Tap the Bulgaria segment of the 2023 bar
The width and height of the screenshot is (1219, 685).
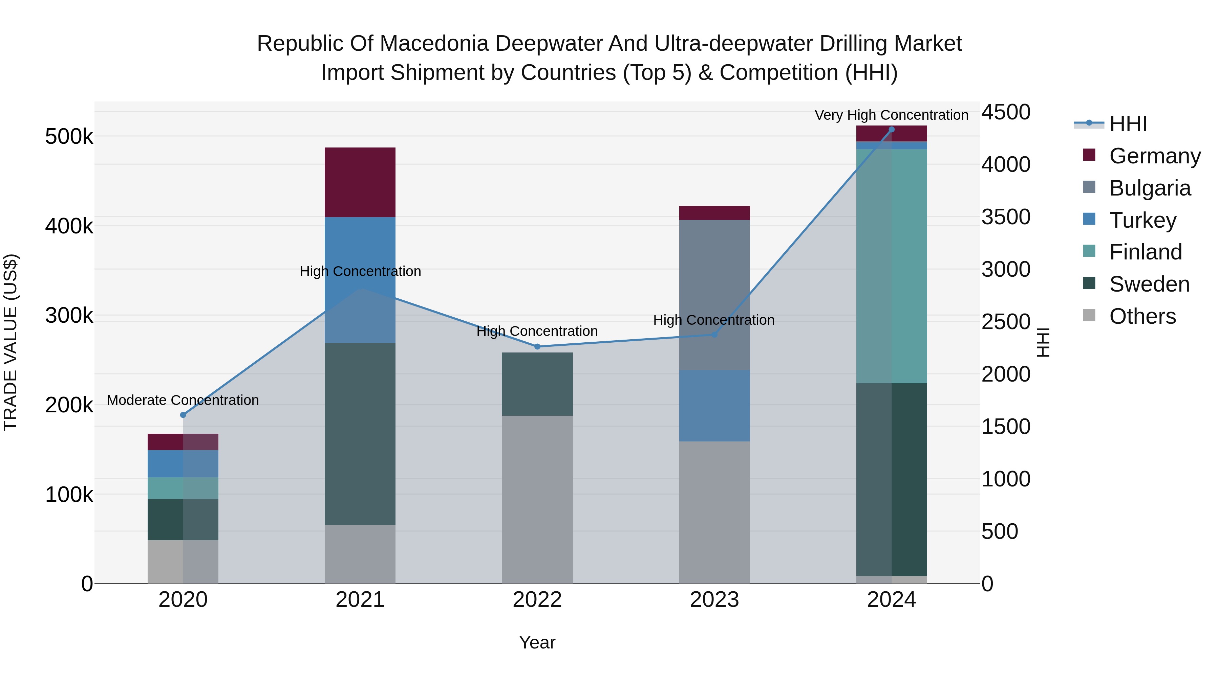(714, 295)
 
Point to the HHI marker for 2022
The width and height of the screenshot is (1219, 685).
(537, 346)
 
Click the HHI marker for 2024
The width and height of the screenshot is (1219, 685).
(892, 129)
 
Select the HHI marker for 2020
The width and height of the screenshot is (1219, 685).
(183, 415)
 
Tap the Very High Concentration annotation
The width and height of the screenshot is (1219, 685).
(891, 115)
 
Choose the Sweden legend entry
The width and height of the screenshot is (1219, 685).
(1149, 284)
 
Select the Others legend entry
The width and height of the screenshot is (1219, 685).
(1142, 316)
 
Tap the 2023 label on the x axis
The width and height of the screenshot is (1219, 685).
(714, 600)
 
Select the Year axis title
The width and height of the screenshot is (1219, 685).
(537, 642)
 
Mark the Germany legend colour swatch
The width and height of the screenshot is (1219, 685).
(1089, 155)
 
